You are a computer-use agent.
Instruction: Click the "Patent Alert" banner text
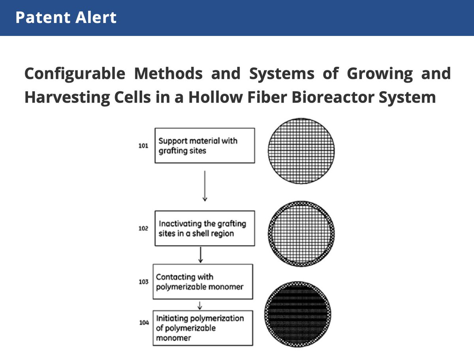66,18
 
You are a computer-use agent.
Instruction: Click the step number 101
143,146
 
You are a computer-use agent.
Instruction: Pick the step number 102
143,229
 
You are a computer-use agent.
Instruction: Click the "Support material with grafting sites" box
204,145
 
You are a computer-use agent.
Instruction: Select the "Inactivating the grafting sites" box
204,228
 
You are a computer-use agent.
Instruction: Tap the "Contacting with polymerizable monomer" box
203,281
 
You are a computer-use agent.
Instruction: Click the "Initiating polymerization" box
203,328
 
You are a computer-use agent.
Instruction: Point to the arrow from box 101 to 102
205,186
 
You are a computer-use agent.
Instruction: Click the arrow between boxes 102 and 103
201,255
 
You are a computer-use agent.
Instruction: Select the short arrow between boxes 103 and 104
200,305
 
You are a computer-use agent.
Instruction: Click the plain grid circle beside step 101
301,150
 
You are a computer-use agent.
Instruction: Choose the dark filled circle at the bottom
301,314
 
